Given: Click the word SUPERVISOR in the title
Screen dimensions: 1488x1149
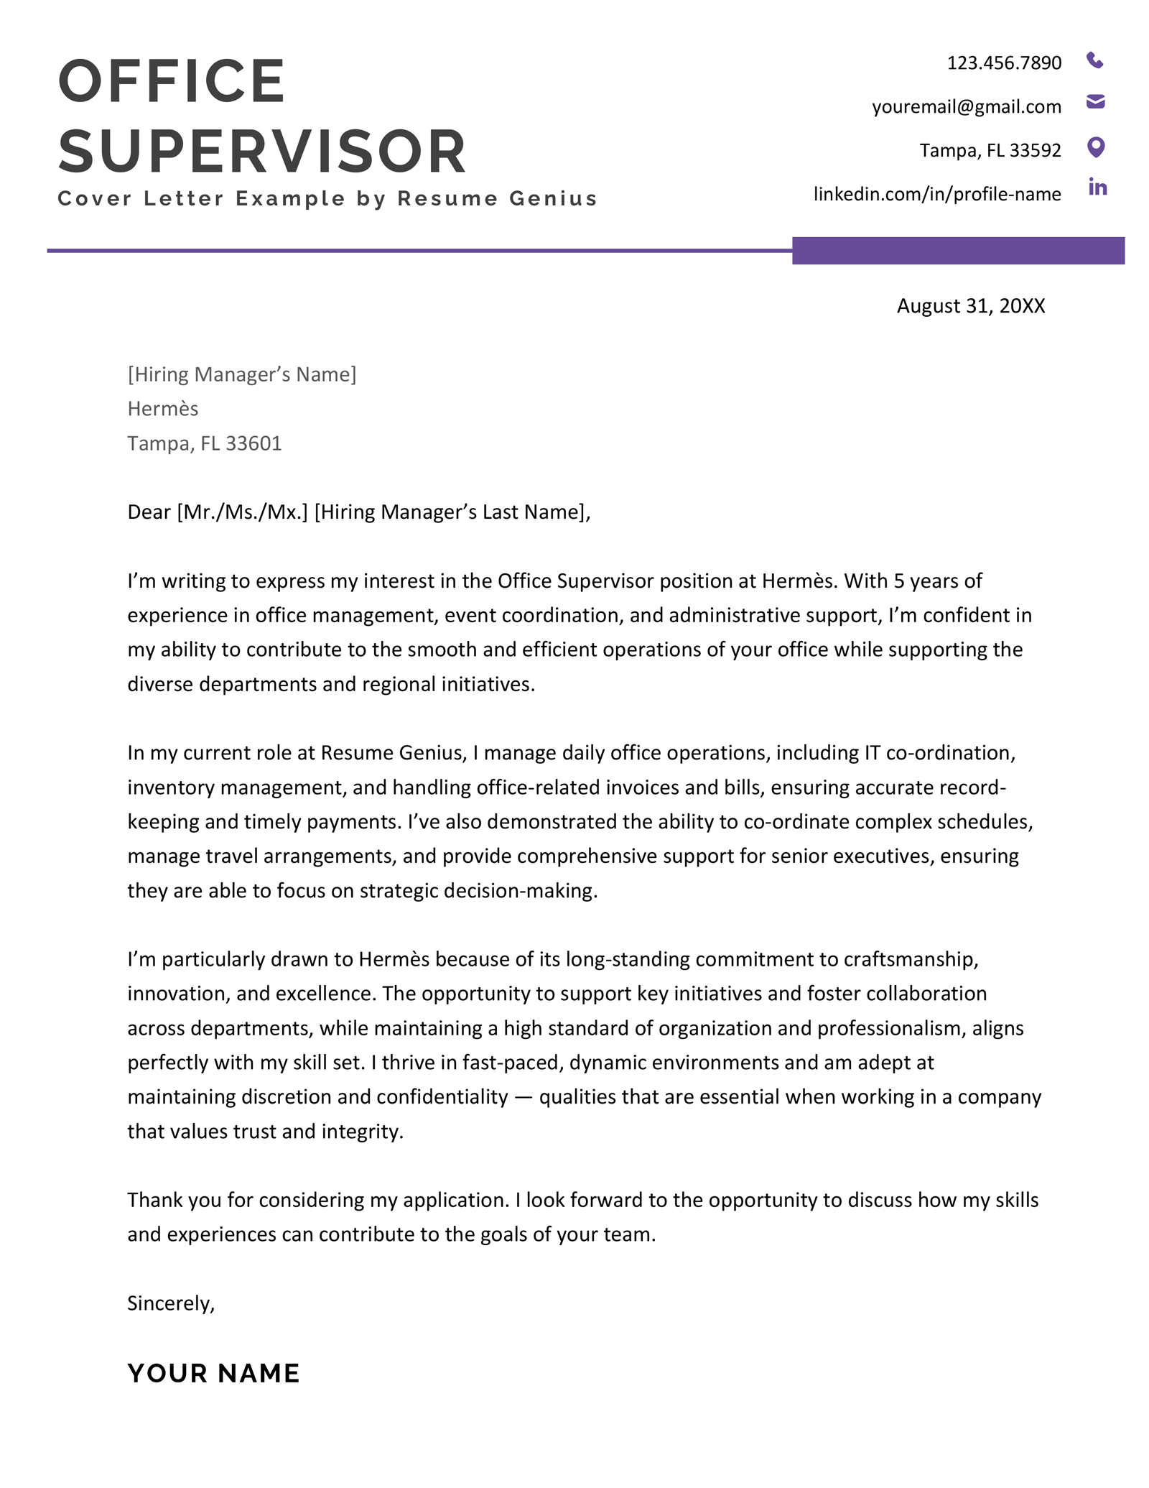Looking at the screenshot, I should coord(262,152).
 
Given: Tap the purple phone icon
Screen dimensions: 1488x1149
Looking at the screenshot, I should coord(1094,60).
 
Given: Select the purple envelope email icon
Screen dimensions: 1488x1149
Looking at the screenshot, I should coord(1095,101).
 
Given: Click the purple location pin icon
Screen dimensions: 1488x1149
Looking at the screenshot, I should coord(1095,147).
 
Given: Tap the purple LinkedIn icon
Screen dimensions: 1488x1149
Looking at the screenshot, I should coord(1097,188).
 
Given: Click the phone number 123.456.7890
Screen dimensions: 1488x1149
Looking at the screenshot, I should coord(1003,63).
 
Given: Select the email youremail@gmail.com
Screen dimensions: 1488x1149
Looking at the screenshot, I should coord(966,107).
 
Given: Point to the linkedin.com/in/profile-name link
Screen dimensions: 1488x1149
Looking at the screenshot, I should coord(936,194).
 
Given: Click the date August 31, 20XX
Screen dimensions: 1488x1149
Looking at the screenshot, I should coord(970,306).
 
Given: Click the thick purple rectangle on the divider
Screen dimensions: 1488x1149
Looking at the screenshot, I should coord(957,251).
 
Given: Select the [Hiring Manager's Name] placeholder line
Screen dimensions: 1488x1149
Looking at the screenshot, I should coord(241,374).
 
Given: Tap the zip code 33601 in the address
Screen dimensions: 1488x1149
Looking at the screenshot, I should coord(253,443).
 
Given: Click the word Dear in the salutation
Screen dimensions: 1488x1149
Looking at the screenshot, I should coord(149,512).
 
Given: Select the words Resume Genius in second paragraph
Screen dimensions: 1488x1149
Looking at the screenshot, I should coord(391,753).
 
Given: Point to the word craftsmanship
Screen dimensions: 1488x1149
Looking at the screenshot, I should coord(910,959).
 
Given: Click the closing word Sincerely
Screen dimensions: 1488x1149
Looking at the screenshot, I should coord(169,1303).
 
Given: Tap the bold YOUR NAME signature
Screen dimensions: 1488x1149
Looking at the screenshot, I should coord(213,1373).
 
